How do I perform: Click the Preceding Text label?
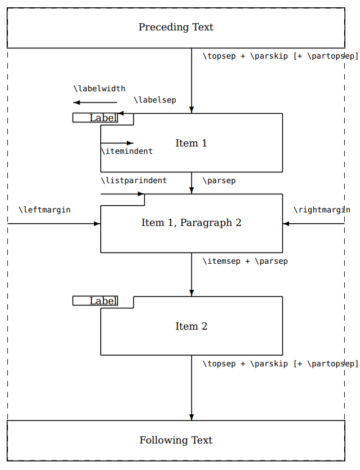176,27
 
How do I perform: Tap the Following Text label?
176,440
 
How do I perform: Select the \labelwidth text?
99,88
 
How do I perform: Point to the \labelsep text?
154,100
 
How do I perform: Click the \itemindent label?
126,151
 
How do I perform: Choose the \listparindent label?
134,180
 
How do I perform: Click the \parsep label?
219,180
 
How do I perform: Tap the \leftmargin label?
45,210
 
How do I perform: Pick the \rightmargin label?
322,210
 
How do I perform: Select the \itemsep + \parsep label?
245,261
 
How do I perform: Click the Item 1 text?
191,143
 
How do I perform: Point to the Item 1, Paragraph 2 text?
191,223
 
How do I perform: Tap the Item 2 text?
191,326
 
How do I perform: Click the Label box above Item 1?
96,118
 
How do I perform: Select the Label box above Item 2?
96,301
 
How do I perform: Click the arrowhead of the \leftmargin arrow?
97,224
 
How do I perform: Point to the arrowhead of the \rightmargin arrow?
286,224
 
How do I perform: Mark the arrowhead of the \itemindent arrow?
131,143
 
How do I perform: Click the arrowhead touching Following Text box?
192,417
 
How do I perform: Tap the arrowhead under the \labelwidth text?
77,103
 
